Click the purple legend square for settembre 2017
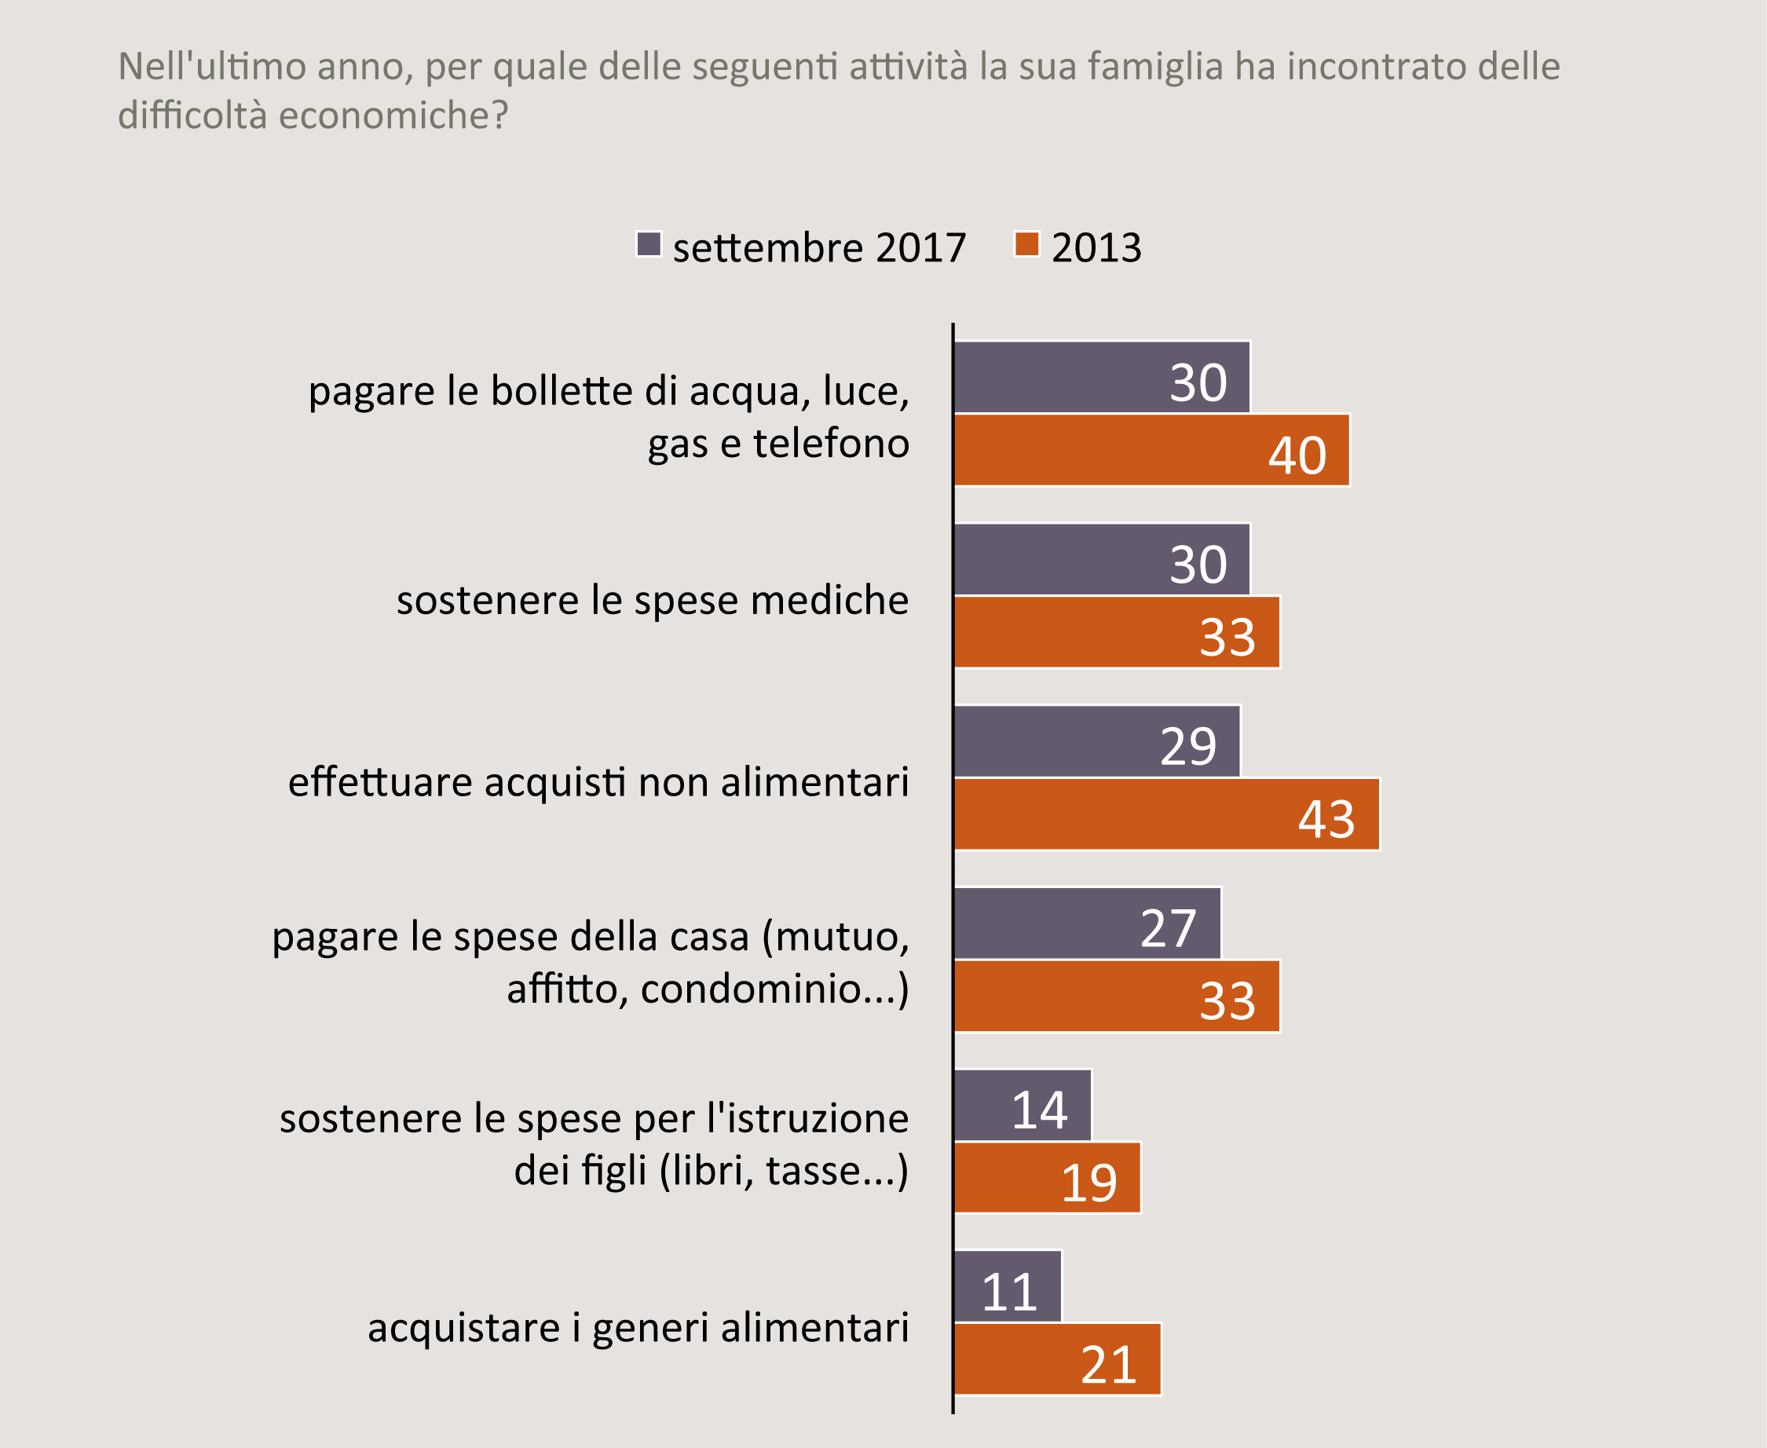tap(648, 244)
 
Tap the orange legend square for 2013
tap(1026, 244)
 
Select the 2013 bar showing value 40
tap(1151, 450)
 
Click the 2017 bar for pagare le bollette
tap(1101, 377)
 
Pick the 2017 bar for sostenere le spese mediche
tap(1101, 559)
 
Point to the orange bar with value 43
tap(1166, 814)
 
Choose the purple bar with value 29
tap(1096, 741)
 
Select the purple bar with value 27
tap(1087, 923)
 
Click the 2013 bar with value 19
tap(1047, 1178)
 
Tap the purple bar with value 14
tap(1022, 1105)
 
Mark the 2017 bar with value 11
tap(1007, 1286)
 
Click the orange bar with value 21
tap(1057, 1359)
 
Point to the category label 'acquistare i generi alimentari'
tap(638, 1328)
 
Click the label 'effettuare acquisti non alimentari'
tap(598, 782)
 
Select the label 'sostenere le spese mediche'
tap(653, 601)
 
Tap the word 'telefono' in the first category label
tap(831, 443)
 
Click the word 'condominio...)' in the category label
tap(774, 989)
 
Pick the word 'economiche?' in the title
tap(393, 115)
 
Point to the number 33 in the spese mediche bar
tap(1227, 638)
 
